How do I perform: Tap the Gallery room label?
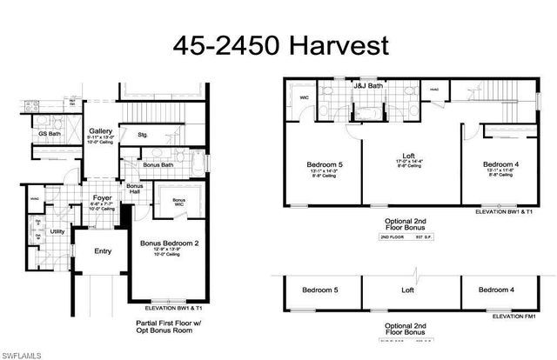[100, 130]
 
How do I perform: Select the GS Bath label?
[48, 135]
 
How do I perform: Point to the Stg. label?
[144, 135]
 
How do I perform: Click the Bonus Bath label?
[158, 165]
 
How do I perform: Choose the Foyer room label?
[103, 198]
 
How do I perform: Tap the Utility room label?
[58, 231]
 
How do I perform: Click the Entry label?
[103, 252]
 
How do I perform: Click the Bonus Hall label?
[134, 190]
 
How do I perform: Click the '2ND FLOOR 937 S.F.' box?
[401, 237]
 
